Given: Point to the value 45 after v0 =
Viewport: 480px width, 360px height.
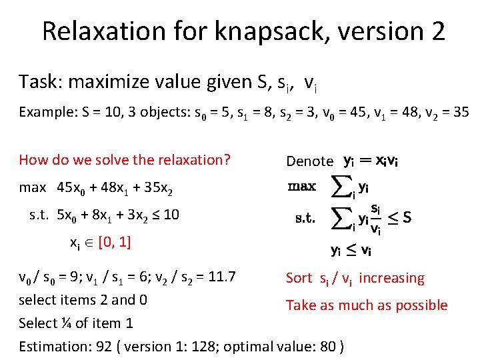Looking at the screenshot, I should [x=356, y=112].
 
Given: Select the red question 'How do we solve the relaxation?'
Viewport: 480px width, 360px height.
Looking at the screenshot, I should [x=125, y=160].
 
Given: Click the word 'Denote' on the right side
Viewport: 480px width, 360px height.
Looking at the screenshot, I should [x=309, y=161].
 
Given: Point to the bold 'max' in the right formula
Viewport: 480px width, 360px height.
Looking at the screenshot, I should [x=301, y=187].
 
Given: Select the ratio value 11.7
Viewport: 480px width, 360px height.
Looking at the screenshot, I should [x=223, y=277].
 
